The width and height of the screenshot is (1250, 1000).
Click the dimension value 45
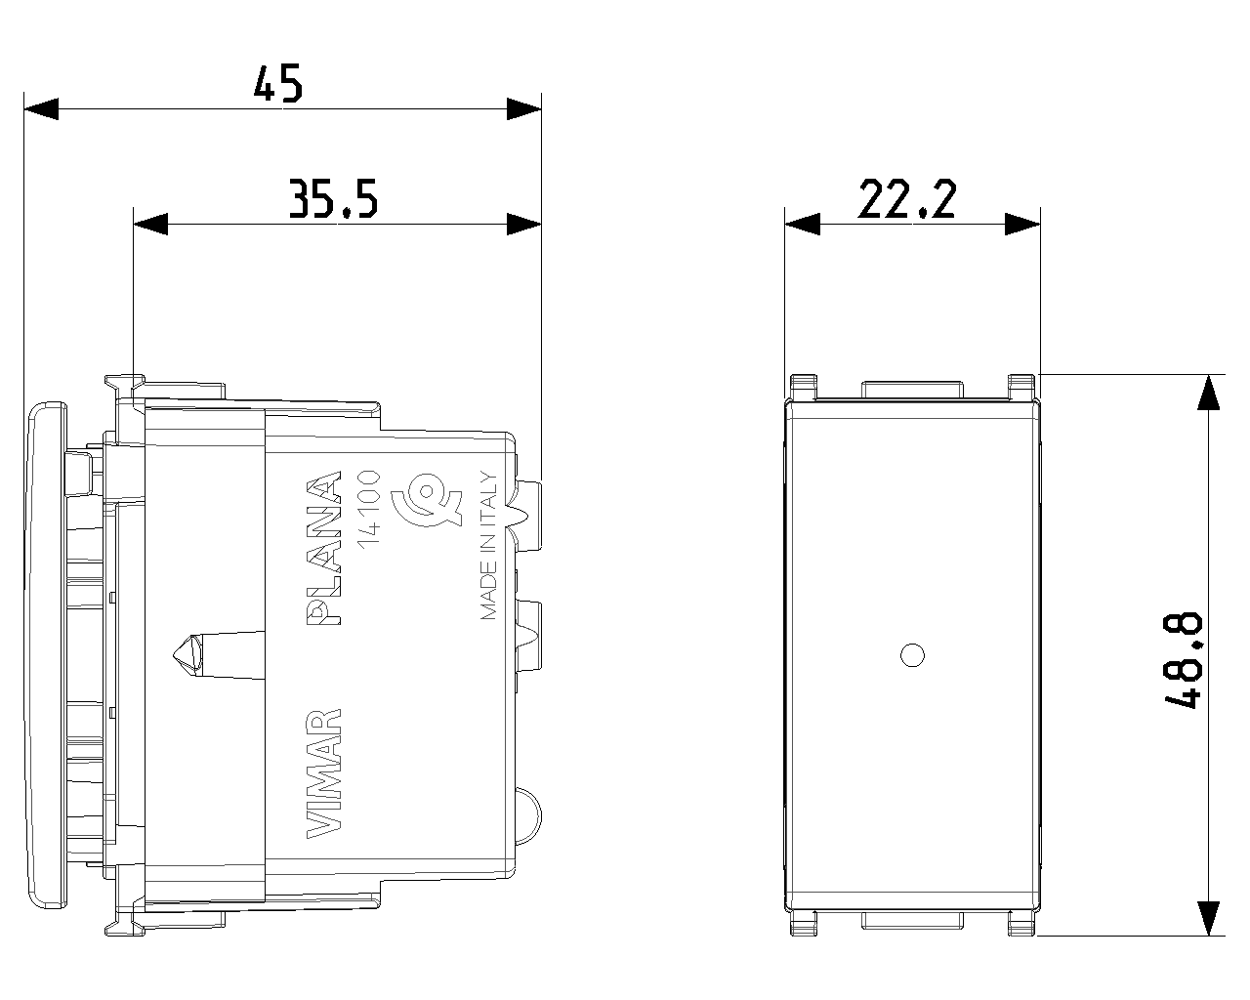tap(278, 84)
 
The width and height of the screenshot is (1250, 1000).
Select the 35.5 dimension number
tap(333, 199)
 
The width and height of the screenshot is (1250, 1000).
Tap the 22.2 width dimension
tap(906, 199)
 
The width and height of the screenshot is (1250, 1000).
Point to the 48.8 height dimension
tap(1184, 661)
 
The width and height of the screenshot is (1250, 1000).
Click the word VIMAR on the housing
tap(323, 773)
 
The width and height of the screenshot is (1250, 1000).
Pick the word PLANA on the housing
tap(323, 548)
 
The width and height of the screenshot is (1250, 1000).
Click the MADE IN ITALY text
tap(488, 546)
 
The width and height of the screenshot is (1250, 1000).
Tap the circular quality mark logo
tap(427, 500)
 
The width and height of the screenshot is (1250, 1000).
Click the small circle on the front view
tap(912, 655)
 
